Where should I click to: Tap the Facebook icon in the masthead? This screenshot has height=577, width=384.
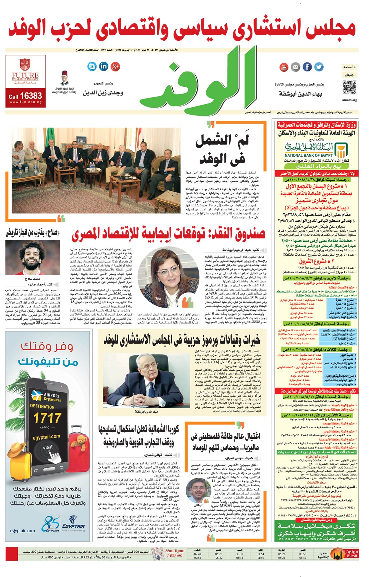(307, 67)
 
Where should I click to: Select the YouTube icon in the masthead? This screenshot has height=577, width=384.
(284, 67)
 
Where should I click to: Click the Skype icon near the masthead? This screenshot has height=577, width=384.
(91, 66)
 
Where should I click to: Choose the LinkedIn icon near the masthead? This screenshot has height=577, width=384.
(104, 66)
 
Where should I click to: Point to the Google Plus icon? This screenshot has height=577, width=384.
(115, 66)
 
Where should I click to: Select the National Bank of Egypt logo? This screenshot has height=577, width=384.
(309, 150)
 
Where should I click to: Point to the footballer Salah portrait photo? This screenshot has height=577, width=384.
(32, 257)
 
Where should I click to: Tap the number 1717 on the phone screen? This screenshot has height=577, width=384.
(47, 418)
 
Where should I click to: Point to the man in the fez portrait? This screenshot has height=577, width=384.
(64, 78)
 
